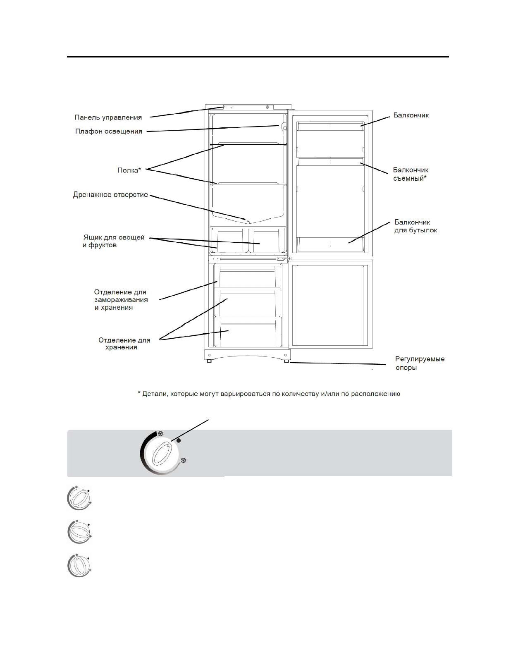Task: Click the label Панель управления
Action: tap(108, 117)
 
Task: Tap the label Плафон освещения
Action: tap(109, 131)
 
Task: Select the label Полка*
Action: tap(129, 170)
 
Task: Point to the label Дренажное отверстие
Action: tap(110, 194)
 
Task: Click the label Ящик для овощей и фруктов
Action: tap(113, 241)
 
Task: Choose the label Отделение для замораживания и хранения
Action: tap(121, 300)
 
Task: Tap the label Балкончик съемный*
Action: tap(410, 174)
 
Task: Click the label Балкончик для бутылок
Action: tap(415, 226)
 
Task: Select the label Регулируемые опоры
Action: tap(420, 363)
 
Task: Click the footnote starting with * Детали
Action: tap(269, 394)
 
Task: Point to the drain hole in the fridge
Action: tap(247, 220)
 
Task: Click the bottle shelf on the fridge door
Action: tap(331, 244)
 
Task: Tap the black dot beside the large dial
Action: tap(179, 441)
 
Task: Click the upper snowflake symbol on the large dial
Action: tap(161, 434)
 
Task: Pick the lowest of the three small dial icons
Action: tap(79, 566)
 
